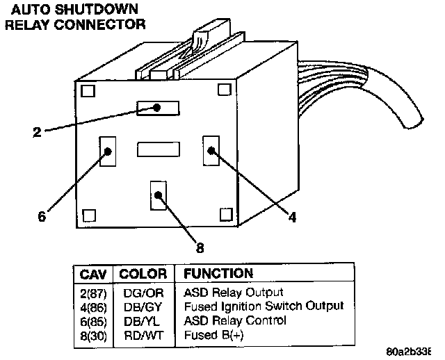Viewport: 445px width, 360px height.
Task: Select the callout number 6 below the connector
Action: tap(42, 216)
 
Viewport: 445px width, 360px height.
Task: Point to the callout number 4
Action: tap(293, 217)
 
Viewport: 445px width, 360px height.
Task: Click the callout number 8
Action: tap(200, 246)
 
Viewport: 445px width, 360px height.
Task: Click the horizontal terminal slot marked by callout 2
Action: tap(159, 108)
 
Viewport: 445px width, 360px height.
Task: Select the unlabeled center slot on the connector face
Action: tap(159, 149)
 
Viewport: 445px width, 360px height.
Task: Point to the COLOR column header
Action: tap(143, 274)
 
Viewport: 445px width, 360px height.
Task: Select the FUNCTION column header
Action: tap(218, 274)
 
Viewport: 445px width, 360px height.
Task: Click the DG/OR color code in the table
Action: tap(143, 293)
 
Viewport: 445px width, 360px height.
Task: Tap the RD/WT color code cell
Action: tap(143, 334)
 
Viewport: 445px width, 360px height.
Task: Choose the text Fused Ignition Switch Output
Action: tap(264, 306)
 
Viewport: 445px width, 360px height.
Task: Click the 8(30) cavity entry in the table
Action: tap(92, 334)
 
